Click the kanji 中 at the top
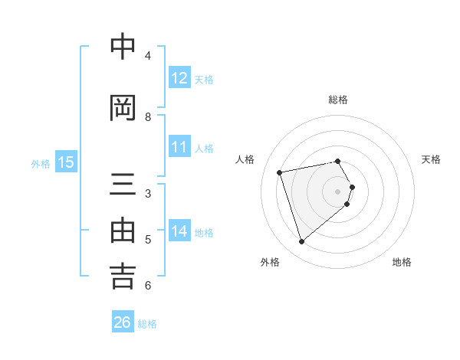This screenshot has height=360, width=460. (123, 47)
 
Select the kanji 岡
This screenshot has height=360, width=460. (123, 109)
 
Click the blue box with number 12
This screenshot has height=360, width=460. (179, 78)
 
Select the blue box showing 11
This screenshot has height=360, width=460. (179, 147)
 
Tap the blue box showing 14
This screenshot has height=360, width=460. (179, 231)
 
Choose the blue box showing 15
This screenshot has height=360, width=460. (66, 162)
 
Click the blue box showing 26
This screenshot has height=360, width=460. (123, 322)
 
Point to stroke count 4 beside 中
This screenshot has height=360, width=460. (148, 56)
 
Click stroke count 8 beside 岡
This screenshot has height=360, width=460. (148, 117)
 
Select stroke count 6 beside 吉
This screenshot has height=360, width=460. (148, 286)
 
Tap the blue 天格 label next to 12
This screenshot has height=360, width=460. (203, 79)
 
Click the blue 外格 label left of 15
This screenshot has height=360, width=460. (41, 163)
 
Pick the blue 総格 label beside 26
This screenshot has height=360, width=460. (147, 324)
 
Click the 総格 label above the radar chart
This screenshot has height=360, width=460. (338, 100)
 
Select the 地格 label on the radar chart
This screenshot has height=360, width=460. (402, 262)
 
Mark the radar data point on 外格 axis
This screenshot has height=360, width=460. (301, 242)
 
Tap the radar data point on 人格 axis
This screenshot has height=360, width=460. (280, 172)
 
